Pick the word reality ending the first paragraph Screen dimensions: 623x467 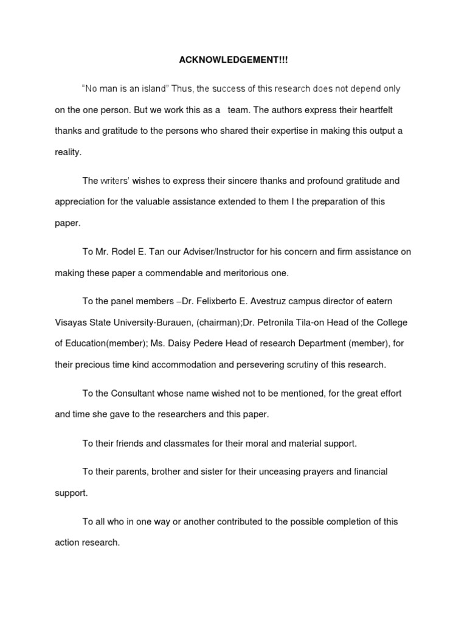coord(67,152)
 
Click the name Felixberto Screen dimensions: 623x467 coord(214,302)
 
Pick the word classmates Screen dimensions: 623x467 coord(186,444)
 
